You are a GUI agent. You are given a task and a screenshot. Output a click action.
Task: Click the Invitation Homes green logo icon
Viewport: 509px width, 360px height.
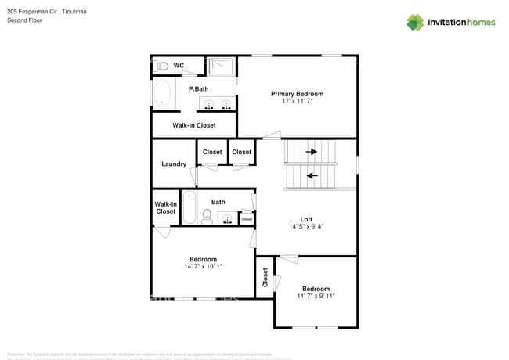pos(415,22)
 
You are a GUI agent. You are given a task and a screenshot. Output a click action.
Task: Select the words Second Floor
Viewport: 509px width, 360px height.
pos(24,21)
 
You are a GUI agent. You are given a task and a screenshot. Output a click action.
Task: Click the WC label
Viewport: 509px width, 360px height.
pos(178,66)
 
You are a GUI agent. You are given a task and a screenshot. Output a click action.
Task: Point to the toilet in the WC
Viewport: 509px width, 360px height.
pos(160,66)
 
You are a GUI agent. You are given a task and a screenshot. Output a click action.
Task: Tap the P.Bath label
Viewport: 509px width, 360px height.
pos(198,89)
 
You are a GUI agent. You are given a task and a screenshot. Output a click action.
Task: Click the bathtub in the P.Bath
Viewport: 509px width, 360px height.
pos(162,94)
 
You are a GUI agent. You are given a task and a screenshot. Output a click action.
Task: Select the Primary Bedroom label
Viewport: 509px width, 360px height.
pos(297,94)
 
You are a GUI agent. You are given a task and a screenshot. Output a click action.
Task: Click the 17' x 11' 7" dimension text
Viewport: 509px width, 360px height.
pos(297,103)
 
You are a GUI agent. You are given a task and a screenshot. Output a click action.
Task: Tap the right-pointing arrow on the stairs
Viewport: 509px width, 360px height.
pos(312,152)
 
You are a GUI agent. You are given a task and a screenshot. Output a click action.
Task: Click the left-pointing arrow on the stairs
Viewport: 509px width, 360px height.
pos(312,175)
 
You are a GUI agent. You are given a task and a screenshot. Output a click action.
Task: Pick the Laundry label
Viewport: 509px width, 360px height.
pos(173,164)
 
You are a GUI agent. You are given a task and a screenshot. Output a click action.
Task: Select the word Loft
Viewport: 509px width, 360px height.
pos(307,219)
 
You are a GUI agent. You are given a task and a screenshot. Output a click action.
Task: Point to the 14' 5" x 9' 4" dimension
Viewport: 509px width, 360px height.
pos(307,228)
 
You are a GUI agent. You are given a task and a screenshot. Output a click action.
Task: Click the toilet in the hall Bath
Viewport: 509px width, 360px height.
pos(208,217)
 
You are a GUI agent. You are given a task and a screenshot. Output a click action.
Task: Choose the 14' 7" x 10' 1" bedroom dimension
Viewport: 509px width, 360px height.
pos(203,267)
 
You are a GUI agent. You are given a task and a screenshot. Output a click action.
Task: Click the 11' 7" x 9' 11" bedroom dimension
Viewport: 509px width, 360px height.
pos(316,297)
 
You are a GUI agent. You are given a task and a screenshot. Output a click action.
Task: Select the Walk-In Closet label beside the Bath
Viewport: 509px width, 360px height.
pos(165,207)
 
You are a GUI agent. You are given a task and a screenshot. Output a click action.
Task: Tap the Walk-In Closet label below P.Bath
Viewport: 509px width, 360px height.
pos(193,125)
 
